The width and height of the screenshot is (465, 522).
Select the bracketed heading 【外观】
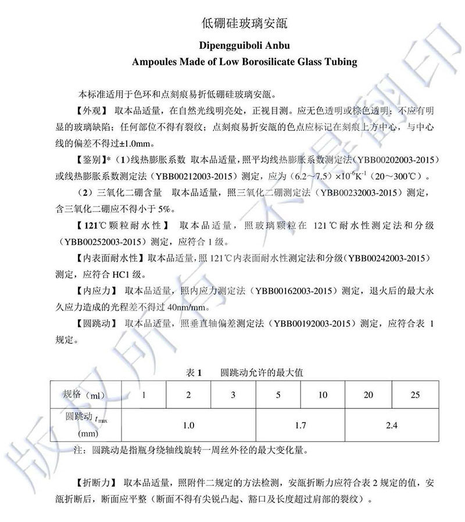tap(87, 110)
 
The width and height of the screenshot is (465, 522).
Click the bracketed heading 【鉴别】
tap(87, 159)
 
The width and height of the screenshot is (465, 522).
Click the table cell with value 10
tap(323, 395)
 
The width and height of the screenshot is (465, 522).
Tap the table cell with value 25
tap(414, 395)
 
